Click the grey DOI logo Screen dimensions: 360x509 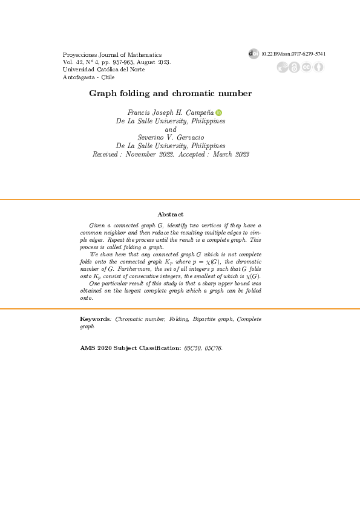click(254, 54)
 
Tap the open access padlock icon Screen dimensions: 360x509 click(295, 67)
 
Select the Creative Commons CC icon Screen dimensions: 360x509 click(307, 67)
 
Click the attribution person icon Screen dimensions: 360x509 click(318, 67)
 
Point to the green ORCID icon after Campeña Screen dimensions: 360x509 click(219, 112)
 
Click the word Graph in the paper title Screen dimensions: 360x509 click(101, 94)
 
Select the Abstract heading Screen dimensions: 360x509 click(171, 215)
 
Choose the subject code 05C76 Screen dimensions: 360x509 click(215, 348)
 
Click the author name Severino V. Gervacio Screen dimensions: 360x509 click(171, 137)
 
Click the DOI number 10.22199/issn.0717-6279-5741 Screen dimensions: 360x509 click(294, 54)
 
